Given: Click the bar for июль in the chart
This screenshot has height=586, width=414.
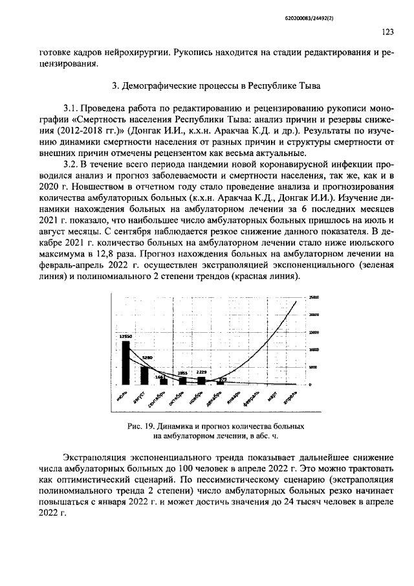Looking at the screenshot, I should pyautogui.click(x=126, y=363).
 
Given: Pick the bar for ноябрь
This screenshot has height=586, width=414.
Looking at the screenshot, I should pyautogui.click(x=202, y=381).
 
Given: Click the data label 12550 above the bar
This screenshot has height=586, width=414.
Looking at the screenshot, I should pyautogui.click(x=125, y=337).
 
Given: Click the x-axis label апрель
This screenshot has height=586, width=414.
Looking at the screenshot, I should pyautogui.click(x=292, y=396).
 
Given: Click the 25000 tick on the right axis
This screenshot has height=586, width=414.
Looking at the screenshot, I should pyautogui.click(x=314, y=297).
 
